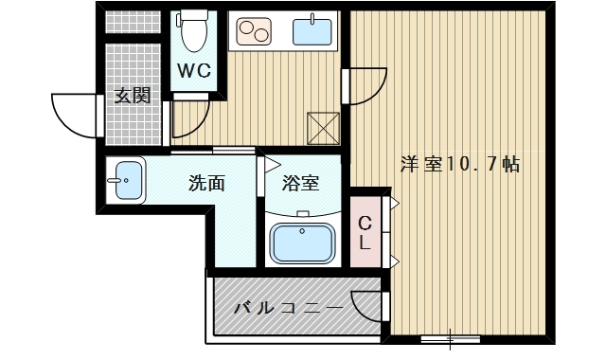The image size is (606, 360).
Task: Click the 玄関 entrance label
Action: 134,96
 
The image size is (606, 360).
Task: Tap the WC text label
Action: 197,70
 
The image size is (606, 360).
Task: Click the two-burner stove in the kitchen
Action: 253,32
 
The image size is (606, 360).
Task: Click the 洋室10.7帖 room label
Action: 459,164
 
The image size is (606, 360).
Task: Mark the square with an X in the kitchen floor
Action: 324,126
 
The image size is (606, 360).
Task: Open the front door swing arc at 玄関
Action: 74,113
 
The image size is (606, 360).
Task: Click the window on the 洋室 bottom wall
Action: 449,335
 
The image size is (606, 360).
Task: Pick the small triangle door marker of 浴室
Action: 270,162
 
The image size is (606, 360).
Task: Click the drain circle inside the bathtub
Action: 303,230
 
